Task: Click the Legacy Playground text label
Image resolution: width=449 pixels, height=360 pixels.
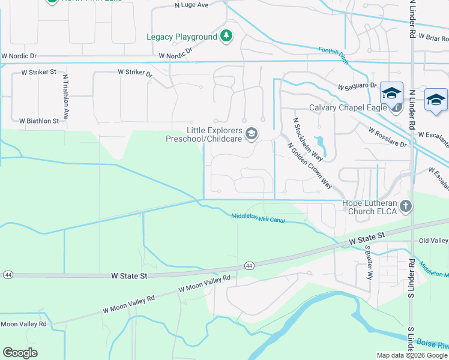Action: (x=182, y=37)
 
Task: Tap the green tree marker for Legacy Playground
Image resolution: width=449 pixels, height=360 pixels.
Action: (x=226, y=37)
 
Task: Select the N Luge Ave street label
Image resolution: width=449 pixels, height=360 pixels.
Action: (x=191, y=5)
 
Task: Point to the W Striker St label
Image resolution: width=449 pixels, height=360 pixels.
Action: (x=38, y=72)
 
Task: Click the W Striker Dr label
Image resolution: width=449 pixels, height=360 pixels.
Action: (x=135, y=73)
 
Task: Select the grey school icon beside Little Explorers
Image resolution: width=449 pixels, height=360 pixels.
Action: (x=252, y=133)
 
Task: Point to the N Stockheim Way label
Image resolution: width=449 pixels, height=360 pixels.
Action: (x=308, y=140)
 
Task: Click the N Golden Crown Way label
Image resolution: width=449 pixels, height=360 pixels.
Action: (x=310, y=166)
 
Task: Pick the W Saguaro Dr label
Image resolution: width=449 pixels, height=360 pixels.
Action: (x=357, y=86)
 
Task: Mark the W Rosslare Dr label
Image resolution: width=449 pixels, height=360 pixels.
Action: (x=388, y=137)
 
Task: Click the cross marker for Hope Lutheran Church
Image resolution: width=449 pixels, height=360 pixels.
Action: (x=406, y=206)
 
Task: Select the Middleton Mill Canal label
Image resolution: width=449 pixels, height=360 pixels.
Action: (x=258, y=218)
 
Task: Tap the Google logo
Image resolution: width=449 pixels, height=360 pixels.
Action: (x=20, y=352)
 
